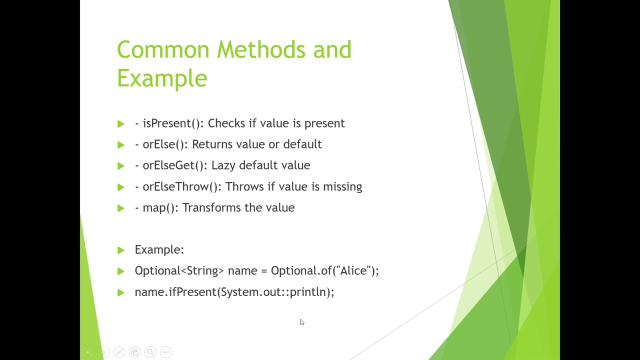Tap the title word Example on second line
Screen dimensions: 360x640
(x=162, y=78)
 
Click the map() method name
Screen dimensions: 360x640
(x=160, y=208)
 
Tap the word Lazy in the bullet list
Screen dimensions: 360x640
(x=223, y=165)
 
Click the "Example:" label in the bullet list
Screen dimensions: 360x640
(x=159, y=250)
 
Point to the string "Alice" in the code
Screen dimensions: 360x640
(x=353, y=271)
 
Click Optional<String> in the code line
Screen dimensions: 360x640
(x=179, y=271)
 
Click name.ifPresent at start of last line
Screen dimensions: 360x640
(x=175, y=292)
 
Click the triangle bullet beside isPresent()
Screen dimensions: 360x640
(x=120, y=124)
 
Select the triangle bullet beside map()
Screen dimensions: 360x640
(x=120, y=208)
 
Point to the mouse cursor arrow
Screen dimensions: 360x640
(x=301, y=322)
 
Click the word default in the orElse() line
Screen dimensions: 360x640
(x=302, y=144)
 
